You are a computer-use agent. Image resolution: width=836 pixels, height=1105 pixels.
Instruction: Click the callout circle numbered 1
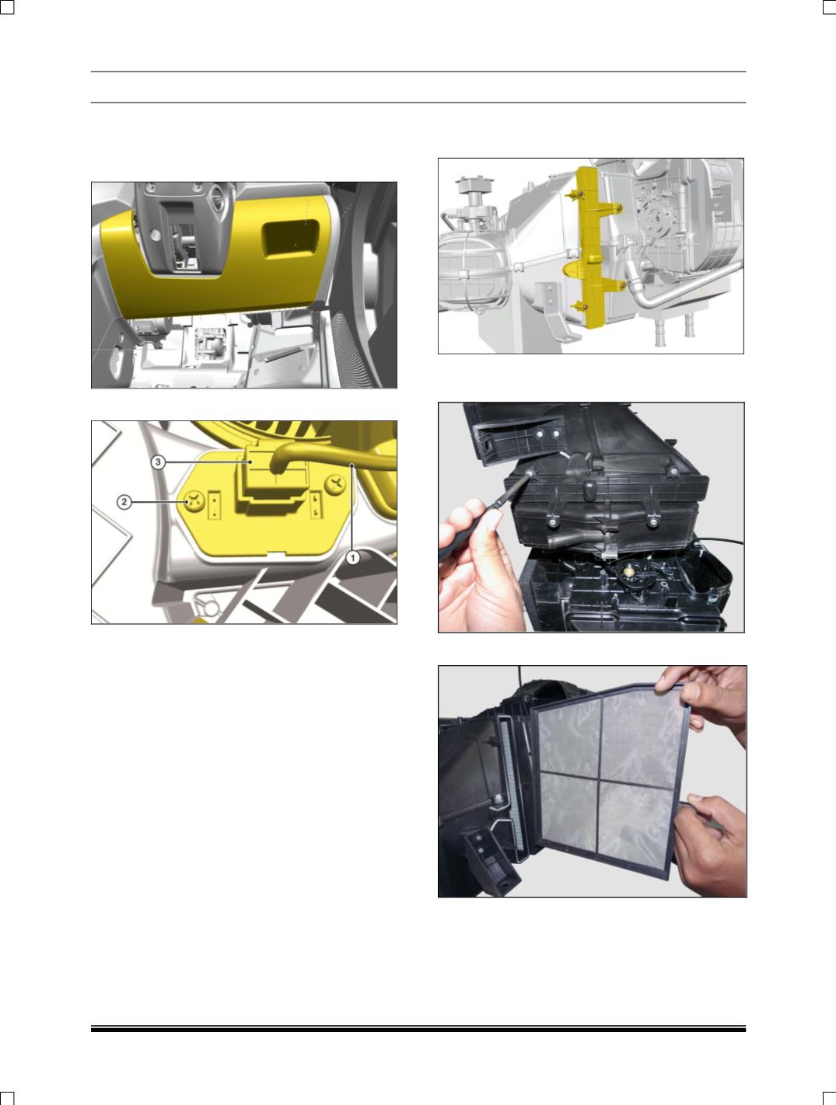point(353,558)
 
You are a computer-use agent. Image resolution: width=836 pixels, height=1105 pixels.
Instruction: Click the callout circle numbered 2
point(124,502)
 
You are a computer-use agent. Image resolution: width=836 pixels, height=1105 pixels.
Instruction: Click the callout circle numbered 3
point(158,462)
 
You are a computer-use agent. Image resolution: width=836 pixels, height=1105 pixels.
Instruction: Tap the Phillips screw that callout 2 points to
point(194,502)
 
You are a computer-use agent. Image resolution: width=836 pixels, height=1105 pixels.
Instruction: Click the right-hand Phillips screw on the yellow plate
point(337,485)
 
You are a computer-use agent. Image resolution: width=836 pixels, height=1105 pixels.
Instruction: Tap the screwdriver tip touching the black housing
point(530,472)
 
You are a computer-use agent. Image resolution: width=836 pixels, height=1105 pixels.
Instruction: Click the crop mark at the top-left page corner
point(7,6)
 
